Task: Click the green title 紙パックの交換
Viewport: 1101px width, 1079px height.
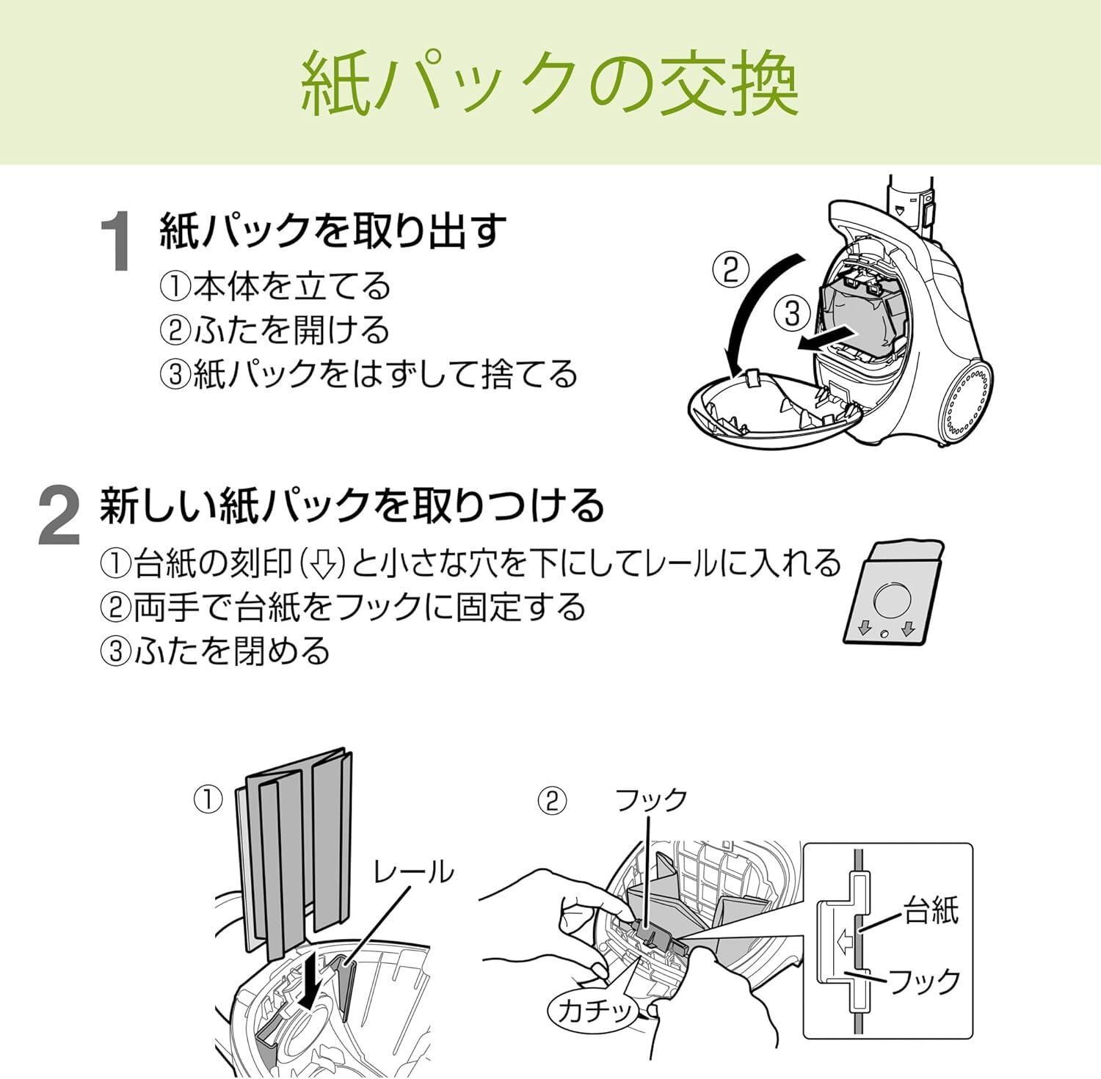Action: click(x=550, y=82)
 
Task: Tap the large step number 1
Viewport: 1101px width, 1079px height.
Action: click(x=117, y=241)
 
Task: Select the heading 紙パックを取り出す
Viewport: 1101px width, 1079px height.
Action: click(x=333, y=230)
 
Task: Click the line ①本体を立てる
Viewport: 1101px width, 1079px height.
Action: click(x=275, y=286)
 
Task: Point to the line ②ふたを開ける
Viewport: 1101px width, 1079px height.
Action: click(x=275, y=330)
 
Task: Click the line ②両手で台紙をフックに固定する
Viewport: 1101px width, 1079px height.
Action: click(x=343, y=607)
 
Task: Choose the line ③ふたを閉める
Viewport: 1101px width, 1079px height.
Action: click(x=215, y=651)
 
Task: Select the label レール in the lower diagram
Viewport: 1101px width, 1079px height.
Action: click(x=413, y=872)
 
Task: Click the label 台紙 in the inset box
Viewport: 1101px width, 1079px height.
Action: click(x=931, y=911)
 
